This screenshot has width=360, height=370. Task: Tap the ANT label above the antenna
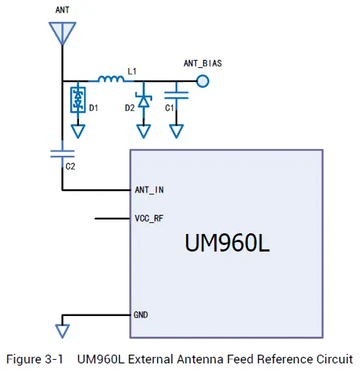(63, 10)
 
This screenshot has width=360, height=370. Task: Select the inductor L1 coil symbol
(110, 79)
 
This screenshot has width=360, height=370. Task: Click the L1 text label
(132, 71)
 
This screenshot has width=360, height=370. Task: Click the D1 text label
(94, 108)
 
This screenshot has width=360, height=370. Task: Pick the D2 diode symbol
(144, 102)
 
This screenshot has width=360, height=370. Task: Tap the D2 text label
(130, 108)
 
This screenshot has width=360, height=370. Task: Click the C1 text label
(169, 108)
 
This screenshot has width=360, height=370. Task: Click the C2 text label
(70, 167)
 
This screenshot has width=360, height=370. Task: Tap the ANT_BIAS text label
(203, 64)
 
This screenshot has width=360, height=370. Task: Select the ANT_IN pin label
(149, 190)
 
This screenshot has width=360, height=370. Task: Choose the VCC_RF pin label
(149, 218)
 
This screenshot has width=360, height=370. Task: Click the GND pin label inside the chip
(142, 314)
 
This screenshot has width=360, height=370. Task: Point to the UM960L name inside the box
(227, 243)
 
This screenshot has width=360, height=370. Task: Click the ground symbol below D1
(78, 131)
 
